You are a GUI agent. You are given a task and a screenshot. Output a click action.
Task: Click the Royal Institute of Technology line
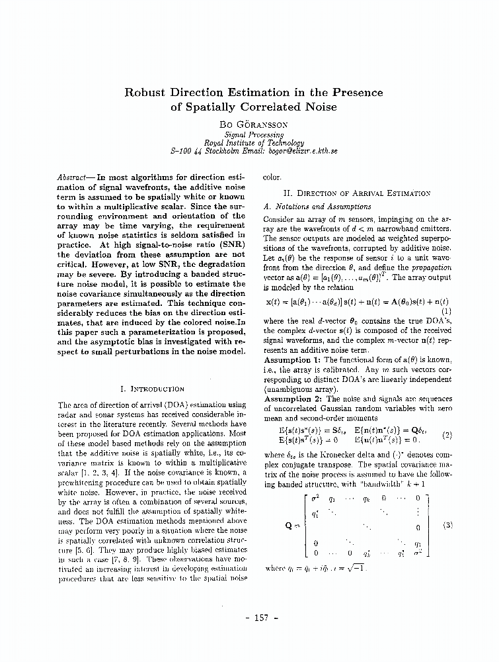click(x=254, y=142)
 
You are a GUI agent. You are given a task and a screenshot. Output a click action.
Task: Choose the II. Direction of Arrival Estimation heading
click(x=356, y=193)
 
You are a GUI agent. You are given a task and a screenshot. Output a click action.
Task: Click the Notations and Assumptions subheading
click(x=317, y=207)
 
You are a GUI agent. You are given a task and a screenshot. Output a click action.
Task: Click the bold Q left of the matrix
click(x=289, y=526)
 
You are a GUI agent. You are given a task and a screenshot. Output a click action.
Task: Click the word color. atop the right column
click(x=272, y=177)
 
